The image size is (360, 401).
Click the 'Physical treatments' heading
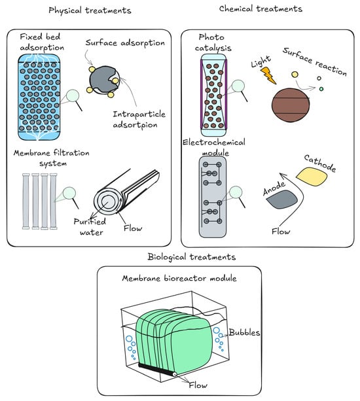click(90, 10)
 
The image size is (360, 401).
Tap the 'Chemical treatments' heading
click(261, 9)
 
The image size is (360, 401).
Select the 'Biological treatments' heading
click(192, 257)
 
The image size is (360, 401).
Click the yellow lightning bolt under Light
click(268, 75)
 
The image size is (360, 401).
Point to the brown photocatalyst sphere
click(291, 105)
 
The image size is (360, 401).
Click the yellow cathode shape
click(312, 177)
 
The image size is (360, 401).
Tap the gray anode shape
click(281, 199)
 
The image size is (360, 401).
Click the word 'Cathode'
click(320, 164)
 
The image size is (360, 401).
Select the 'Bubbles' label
click(244, 332)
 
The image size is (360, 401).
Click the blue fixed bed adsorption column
click(39, 97)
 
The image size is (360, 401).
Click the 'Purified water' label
click(90, 227)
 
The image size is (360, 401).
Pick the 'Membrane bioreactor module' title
click(179, 278)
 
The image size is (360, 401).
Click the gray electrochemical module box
click(213, 197)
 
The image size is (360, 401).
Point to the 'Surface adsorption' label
click(125, 43)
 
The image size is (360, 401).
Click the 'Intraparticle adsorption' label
click(139, 120)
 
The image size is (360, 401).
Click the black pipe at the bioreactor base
click(157, 369)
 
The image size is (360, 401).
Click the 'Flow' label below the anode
click(281, 232)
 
